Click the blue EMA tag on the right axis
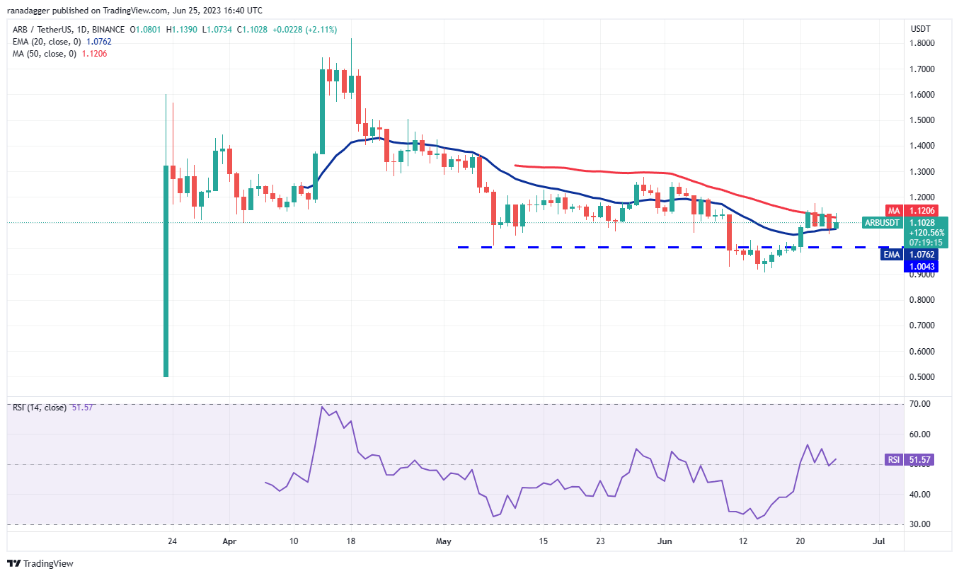pos(891,255)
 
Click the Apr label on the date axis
pos(229,541)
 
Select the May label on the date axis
pos(444,541)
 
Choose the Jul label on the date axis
pos(879,541)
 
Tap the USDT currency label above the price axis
pos(920,29)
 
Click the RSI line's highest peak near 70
pos(323,407)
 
